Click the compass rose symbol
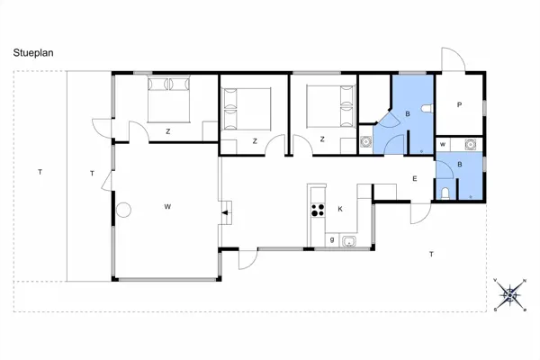[511, 294]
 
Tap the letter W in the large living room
[167, 207]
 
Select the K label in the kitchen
[340, 209]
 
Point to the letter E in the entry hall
[415, 179]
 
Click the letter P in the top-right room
[459, 105]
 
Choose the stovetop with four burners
[318, 210]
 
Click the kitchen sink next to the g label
[348, 239]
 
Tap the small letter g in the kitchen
[332, 239]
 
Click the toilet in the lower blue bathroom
[446, 193]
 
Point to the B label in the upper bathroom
[408, 114]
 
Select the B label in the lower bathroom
[459, 165]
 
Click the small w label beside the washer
[444, 144]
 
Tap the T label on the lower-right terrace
[432, 255]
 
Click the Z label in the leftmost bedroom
[168, 131]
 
